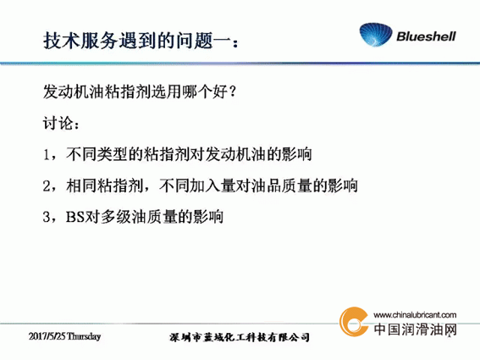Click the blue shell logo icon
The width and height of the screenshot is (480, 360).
[x=375, y=35]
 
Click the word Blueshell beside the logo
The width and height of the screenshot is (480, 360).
[x=426, y=36]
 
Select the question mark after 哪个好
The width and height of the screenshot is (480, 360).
[x=232, y=91]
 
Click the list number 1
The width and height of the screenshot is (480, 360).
[x=47, y=154]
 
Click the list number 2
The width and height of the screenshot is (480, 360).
[x=47, y=186]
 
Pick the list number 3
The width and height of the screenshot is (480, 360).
[x=47, y=217]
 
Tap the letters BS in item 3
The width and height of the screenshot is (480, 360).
[x=75, y=217]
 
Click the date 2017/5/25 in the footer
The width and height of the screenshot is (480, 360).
[x=47, y=336]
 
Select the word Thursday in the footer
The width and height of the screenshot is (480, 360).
[x=84, y=336]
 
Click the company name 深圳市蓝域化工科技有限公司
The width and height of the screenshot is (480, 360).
[x=240, y=337]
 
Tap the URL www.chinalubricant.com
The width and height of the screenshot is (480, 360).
[x=415, y=315]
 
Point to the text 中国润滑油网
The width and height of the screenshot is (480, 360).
[x=415, y=330]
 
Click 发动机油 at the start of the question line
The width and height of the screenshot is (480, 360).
[x=74, y=91]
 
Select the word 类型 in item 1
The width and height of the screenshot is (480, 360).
[x=112, y=154]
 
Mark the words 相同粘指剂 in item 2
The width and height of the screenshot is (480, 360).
[x=104, y=186]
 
